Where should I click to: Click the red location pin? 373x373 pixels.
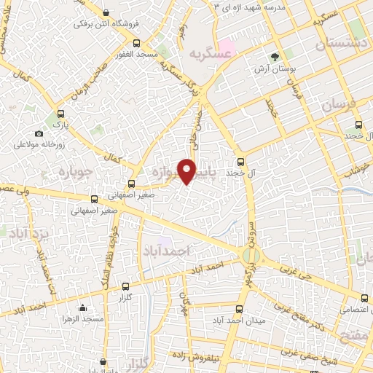[x=187, y=170]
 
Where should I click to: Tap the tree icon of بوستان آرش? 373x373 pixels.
[x=275, y=56]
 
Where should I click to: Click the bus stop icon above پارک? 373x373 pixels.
[x=61, y=114]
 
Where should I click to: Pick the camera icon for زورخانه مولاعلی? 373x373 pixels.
[x=39, y=133]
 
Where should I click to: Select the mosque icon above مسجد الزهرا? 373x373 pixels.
[x=82, y=307]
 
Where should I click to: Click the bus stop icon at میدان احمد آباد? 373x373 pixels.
[x=240, y=307]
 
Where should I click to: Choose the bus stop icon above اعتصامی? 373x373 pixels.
[x=364, y=297]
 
